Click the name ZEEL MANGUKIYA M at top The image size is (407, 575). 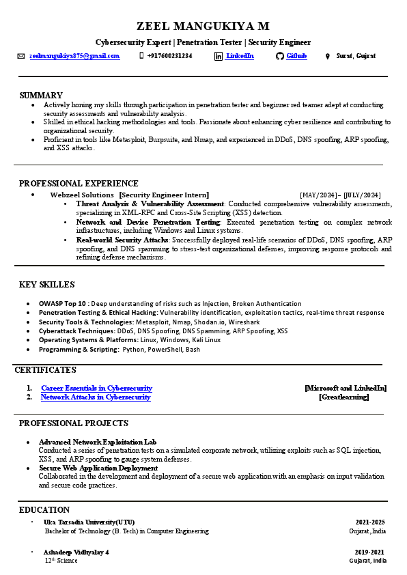pyautogui.click(x=203, y=27)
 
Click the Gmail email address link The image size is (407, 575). pyautogui.click(x=74, y=56)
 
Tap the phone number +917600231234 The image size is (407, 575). pyautogui.click(x=169, y=56)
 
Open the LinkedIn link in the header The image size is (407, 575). pyautogui.click(x=240, y=56)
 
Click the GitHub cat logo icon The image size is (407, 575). pyautogui.click(x=279, y=56)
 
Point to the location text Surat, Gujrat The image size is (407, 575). pyautogui.click(x=356, y=56)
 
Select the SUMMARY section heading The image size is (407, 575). pyautogui.click(x=41, y=95)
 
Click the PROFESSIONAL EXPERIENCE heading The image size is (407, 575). pyautogui.click(x=79, y=184)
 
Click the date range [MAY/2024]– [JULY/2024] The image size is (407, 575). pyautogui.click(x=340, y=195)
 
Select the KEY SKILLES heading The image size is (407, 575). pyautogui.click(x=47, y=285)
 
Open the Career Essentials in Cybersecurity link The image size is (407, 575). pyautogui.click(x=96, y=388)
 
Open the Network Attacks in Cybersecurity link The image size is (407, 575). pyautogui.click(x=96, y=397)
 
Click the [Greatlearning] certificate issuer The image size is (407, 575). pyautogui.click(x=343, y=397)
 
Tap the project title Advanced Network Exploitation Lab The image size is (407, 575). pyautogui.click(x=98, y=442)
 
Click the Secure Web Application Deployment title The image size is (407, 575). pyautogui.click(x=98, y=468)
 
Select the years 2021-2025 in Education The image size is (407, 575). pyautogui.click(x=370, y=522)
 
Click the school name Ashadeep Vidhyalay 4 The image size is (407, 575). pyautogui.click(x=76, y=552)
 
